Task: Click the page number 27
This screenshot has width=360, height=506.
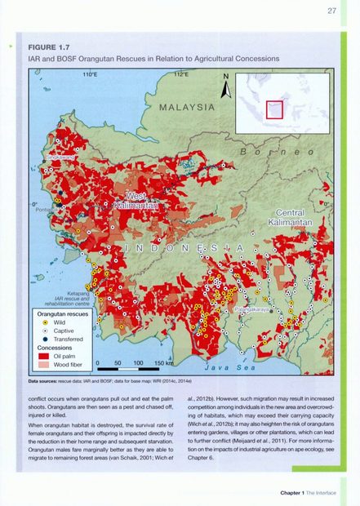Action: click(331, 11)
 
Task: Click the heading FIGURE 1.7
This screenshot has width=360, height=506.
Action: click(51, 47)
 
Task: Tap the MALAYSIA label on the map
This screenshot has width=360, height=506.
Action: click(186, 107)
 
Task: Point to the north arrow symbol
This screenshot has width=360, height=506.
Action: click(227, 86)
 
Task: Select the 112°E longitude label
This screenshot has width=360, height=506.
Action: click(180, 74)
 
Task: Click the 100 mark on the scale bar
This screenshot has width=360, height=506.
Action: click(138, 362)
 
